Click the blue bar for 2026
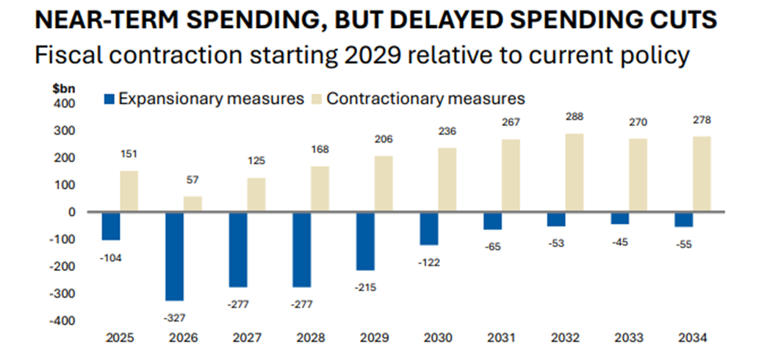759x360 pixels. click(174, 256)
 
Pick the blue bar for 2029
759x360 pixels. click(364, 241)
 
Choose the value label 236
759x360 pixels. click(447, 132)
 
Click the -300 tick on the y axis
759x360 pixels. click(64, 294)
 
